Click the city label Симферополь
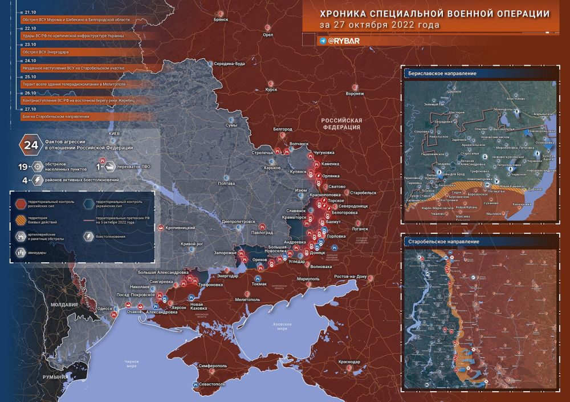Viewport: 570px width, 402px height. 213,366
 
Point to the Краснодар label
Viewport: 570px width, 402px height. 348,362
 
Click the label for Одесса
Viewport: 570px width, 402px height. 105,308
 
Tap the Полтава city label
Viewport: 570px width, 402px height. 226,184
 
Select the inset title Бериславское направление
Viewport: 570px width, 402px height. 442,74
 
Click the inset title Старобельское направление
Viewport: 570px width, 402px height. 443,242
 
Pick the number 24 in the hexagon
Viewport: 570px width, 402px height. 27,144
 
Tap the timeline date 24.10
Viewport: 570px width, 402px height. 30,60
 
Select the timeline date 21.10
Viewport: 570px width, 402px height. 30,12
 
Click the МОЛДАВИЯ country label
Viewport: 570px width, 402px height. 63,304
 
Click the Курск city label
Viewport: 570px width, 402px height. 271,89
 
